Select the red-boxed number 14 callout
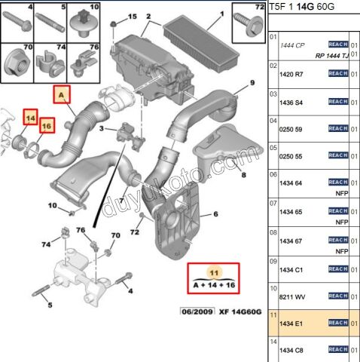30,118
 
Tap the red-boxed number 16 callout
47,126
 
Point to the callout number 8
243,174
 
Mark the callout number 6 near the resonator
215,215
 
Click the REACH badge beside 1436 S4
337,101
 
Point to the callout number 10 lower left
53,205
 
